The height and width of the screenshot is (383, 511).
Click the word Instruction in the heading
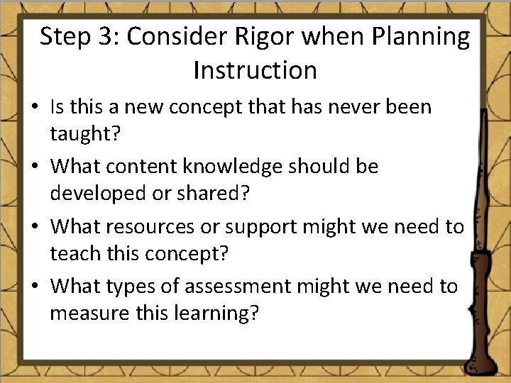pos(255,70)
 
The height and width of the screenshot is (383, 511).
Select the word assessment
pos(238,286)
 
